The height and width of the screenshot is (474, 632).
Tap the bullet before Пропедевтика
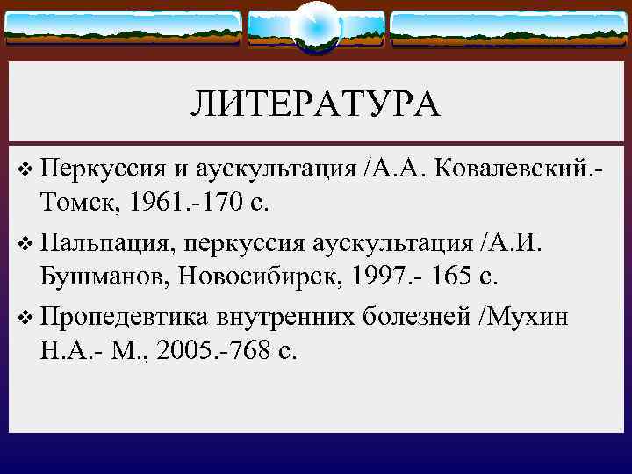22,316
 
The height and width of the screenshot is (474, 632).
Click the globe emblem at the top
315,26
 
